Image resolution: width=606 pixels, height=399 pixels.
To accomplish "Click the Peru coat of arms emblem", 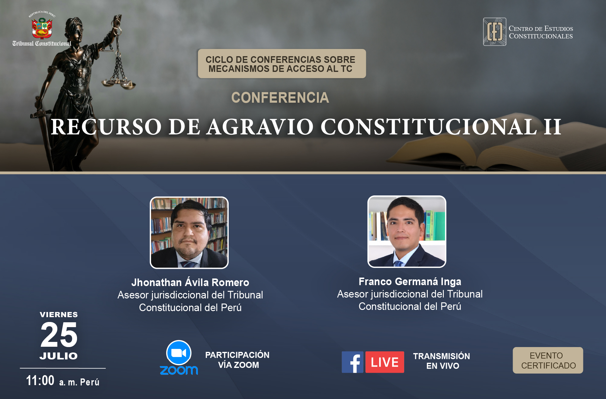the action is click(x=42, y=28).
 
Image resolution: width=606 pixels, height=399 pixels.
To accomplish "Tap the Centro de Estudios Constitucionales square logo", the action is click(x=495, y=32).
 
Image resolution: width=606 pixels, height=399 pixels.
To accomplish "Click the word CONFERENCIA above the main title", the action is click(x=280, y=98).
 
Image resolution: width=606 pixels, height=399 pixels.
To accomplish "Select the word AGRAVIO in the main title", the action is click(x=260, y=127).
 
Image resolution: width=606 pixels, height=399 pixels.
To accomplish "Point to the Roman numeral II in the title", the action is click(x=553, y=127).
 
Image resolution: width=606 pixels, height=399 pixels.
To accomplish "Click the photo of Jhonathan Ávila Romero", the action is click(x=189, y=233).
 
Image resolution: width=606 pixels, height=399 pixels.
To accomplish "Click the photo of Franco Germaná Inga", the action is click(x=407, y=232).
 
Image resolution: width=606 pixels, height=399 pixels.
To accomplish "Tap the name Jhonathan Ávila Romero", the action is click(x=190, y=282).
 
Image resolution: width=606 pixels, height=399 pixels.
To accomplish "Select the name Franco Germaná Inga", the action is click(x=410, y=282).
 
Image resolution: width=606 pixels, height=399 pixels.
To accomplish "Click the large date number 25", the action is click(x=59, y=335).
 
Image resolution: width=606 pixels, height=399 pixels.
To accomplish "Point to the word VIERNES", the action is click(x=59, y=314).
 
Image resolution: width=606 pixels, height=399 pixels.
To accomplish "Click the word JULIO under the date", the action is click(x=59, y=356).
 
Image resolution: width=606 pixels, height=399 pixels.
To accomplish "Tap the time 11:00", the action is click(x=40, y=380).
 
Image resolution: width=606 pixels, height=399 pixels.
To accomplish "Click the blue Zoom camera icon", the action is click(x=179, y=353).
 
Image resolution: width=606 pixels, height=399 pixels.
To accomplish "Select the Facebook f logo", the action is click(x=353, y=362).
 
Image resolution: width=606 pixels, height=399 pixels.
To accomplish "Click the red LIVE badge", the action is click(x=385, y=362).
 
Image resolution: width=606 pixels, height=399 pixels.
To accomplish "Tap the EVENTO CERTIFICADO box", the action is click(x=548, y=360).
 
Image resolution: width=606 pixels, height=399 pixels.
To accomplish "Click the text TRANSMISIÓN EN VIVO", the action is click(x=442, y=361).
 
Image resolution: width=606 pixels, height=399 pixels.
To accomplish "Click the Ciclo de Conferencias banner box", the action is click(x=282, y=64).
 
